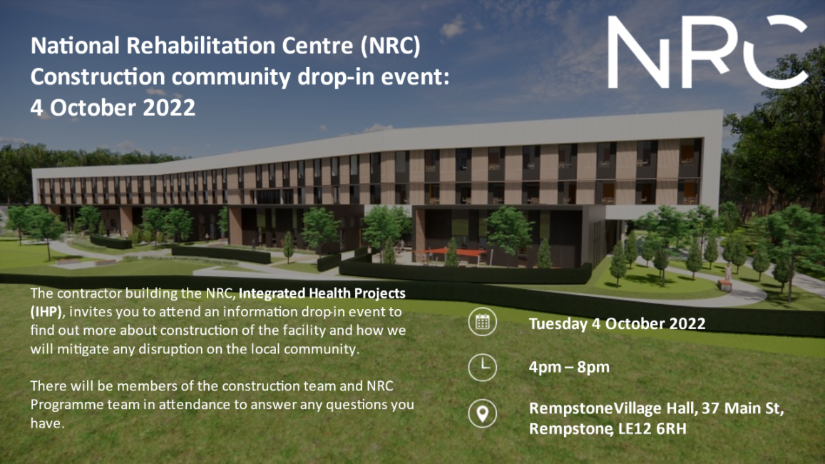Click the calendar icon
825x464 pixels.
pos(482,322)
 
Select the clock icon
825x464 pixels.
pos(482,367)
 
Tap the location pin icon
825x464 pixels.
pos(482,413)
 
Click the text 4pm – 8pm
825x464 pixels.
pos(569,368)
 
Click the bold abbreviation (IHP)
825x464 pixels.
pos(46,312)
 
